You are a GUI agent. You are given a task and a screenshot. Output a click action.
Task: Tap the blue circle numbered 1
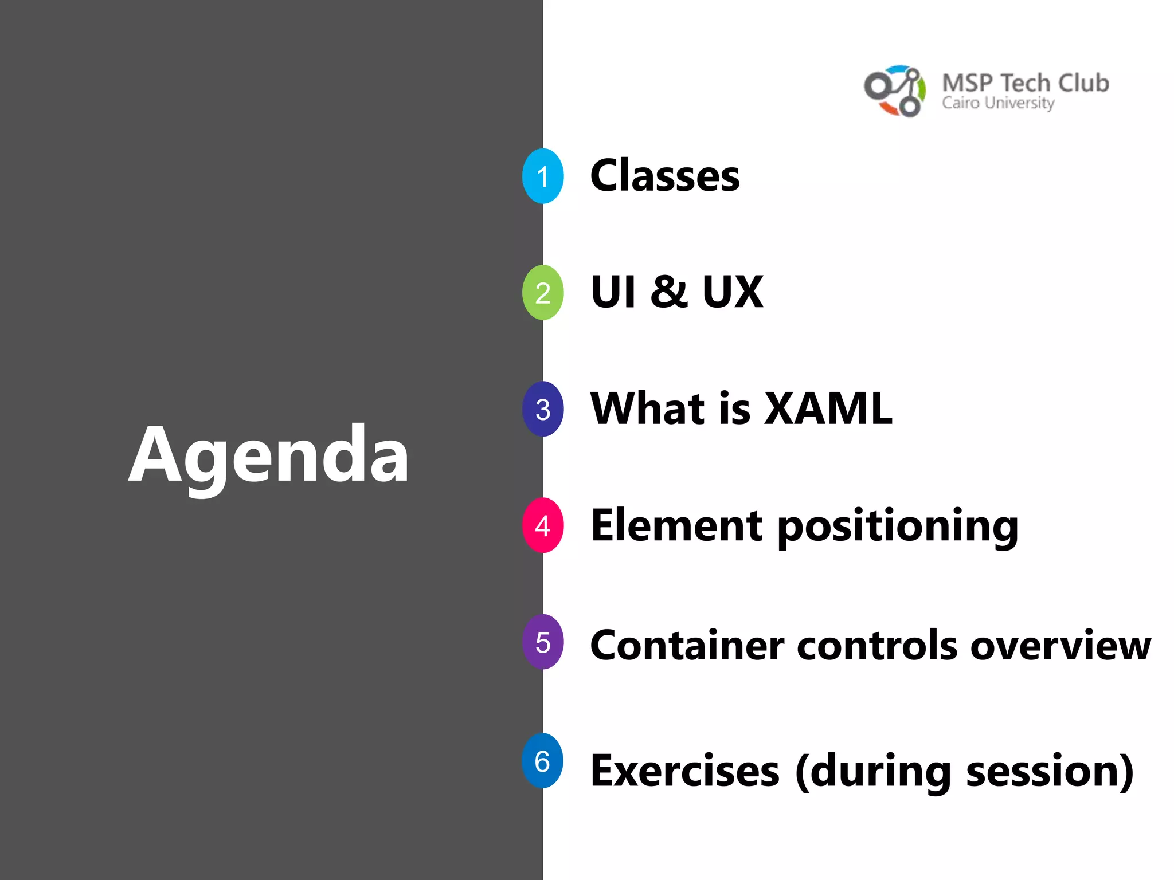point(542,176)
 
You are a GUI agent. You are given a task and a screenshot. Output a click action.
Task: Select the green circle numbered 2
point(542,292)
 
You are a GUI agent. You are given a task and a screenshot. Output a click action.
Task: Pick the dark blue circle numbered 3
point(542,409)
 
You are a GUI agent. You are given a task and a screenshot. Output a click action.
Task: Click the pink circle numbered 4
point(542,525)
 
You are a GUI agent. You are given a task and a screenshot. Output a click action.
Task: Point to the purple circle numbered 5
point(542,642)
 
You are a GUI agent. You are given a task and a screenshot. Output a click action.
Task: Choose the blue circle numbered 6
point(542,761)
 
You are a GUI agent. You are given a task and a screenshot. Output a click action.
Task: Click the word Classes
point(665,176)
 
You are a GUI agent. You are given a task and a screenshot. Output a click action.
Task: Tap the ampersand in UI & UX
point(668,292)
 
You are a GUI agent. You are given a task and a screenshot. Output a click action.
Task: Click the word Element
point(676,525)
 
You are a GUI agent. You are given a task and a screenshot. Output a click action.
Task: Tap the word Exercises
point(685,771)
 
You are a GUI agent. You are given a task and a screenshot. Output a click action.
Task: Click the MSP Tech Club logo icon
point(895,91)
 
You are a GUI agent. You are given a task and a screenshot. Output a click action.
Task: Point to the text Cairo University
point(998,103)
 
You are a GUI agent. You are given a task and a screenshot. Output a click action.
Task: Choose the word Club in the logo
point(1083,83)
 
